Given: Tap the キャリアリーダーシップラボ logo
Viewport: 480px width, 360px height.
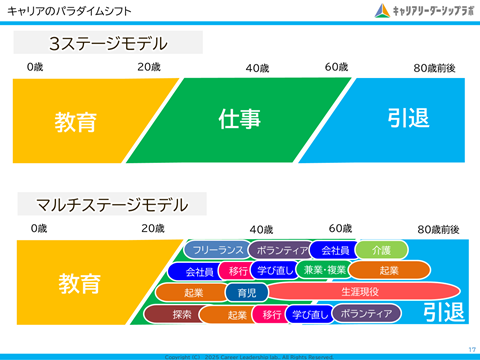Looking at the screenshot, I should point(424,11).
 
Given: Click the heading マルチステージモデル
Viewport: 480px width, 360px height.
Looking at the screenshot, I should point(111,205).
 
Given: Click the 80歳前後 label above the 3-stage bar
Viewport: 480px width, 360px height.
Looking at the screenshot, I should point(435,68).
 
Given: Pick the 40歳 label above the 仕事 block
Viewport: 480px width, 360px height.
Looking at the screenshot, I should point(257,68).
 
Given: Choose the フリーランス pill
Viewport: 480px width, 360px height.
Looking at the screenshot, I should point(216,250).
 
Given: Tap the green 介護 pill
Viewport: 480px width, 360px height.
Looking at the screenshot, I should point(381,250).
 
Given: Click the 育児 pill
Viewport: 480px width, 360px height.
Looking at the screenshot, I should point(246,293).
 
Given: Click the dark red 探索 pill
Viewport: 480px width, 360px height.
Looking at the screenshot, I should point(181,315).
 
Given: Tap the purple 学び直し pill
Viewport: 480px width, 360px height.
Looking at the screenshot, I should point(308,315).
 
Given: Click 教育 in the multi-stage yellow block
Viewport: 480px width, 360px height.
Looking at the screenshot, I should point(78,282).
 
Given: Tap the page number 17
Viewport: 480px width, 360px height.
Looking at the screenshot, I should point(470,349).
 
